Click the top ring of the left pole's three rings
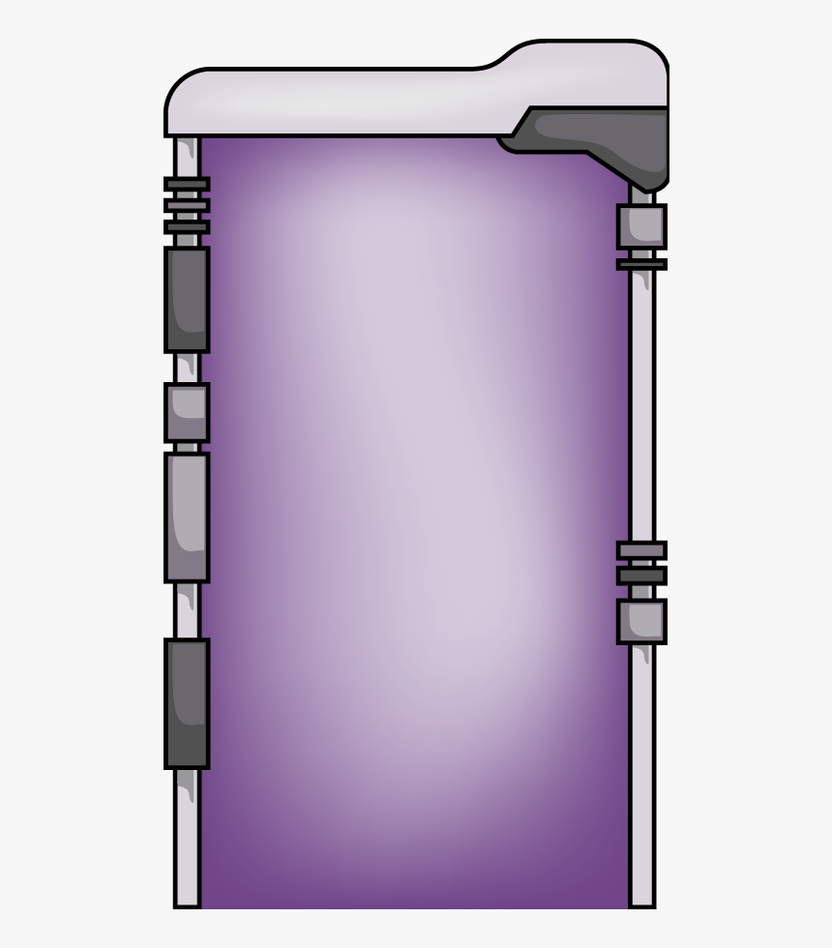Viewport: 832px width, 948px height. click(186, 184)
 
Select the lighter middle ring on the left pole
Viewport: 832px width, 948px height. click(186, 205)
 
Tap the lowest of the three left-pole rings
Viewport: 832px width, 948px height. click(186, 227)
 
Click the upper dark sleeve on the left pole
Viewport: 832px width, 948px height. click(186, 299)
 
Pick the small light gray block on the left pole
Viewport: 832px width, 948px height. click(186, 412)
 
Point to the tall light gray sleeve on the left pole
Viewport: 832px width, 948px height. click(186, 517)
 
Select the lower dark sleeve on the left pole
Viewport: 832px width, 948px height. click(186, 703)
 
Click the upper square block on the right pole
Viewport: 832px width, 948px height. click(641, 225)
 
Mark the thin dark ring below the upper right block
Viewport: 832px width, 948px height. click(641, 263)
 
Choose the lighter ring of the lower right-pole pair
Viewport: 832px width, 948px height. click(641, 550)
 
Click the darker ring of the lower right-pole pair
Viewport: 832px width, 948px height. click(641, 576)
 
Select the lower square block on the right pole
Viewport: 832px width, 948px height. click(641, 621)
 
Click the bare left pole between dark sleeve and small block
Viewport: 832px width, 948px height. click(186, 368)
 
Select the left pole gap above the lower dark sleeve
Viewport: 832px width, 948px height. click(186, 609)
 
